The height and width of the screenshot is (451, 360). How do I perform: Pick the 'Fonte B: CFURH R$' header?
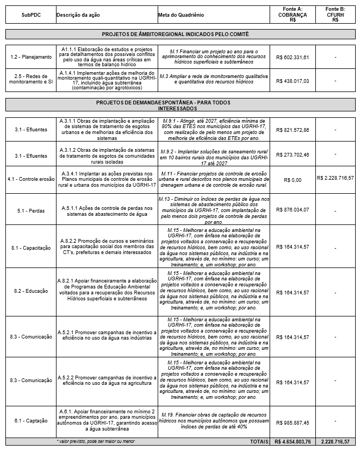(x=335, y=15)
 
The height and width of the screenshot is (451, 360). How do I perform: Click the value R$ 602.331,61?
(x=292, y=57)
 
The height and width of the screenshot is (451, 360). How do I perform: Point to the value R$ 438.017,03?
(x=292, y=81)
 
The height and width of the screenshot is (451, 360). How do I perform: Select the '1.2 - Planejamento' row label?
(x=30, y=57)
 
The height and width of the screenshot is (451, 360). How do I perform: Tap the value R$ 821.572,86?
(x=292, y=130)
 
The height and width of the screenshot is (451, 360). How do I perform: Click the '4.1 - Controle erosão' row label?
(x=30, y=179)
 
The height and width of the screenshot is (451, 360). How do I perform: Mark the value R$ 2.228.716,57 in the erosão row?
(x=335, y=177)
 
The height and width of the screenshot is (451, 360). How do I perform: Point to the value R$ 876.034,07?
(x=292, y=209)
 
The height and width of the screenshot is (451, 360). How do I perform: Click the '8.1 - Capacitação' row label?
(x=30, y=247)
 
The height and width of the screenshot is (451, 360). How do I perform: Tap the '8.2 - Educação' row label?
(x=30, y=291)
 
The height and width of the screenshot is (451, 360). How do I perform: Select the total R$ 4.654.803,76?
(x=292, y=441)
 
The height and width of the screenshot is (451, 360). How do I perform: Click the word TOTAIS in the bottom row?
(x=259, y=441)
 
